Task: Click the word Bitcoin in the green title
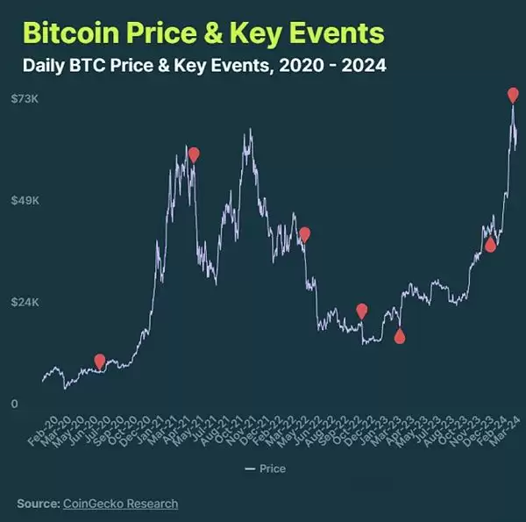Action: pos(73,33)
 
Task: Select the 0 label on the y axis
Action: pos(15,404)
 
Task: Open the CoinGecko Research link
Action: pos(120,504)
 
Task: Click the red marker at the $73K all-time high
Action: pos(513,94)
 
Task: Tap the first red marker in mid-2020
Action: pos(100,361)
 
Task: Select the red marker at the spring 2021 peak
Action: pos(194,154)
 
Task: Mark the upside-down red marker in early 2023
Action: pos(400,336)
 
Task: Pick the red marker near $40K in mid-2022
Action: pos(304,233)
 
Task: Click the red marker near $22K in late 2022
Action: pos(362,310)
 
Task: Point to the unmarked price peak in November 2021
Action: pos(251,132)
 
